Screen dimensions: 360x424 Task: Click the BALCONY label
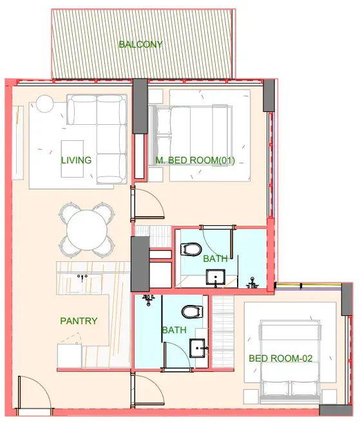coord(140,44)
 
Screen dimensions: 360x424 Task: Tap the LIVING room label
coord(76,160)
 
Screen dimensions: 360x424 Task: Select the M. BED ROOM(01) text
coord(195,160)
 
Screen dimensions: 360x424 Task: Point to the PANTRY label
coord(79,321)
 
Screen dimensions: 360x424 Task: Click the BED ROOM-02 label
coord(281,358)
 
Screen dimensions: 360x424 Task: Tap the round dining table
coord(87,230)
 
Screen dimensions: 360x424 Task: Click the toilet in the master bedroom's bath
coord(191,249)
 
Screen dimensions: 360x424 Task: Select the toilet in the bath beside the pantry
coord(193,312)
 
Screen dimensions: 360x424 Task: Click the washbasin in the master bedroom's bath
coord(216,277)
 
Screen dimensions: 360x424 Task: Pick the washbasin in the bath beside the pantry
coord(197,348)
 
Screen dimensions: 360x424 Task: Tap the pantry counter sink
coord(82,283)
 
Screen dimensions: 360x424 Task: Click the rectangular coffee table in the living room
coord(72,159)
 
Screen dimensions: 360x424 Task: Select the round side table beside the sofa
coord(45,104)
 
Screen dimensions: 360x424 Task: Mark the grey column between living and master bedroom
coord(140,106)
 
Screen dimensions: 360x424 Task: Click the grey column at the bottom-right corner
coord(336,410)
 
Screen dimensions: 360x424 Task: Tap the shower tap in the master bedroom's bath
coord(252,283)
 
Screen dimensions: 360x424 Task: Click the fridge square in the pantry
coord(70,356)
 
